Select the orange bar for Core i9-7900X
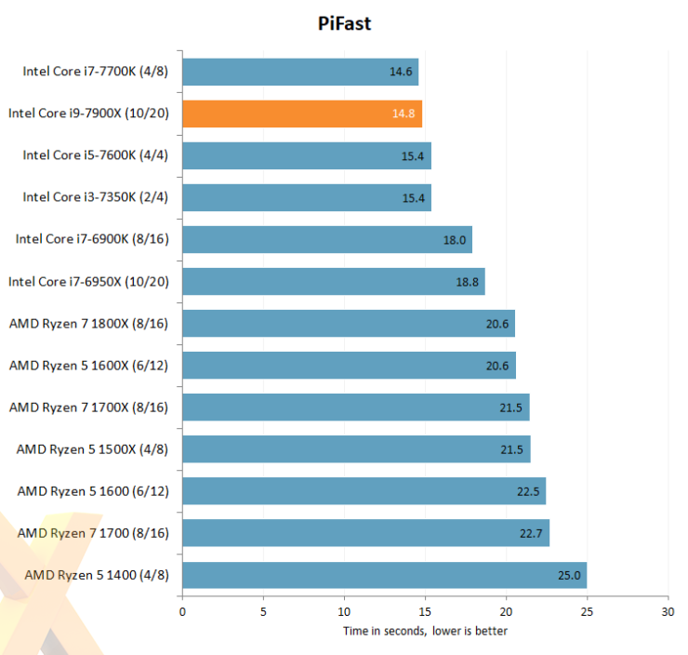(302, 114)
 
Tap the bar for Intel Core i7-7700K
(300, 72)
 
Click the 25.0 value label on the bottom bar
(569, 575)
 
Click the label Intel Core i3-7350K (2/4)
(96, 197)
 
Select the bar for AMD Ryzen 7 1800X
(349, 324)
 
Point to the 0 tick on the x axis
(182, 612)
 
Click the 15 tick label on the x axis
(425, 612)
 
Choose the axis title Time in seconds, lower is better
(425, 631)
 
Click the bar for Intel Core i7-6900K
(327, 239)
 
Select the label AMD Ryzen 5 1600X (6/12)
(89, 366)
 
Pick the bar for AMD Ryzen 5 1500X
(356, 449)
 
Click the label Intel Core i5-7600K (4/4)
(96, 155)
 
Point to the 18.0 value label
(455, 239)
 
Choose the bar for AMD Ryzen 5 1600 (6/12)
(364, 491)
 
